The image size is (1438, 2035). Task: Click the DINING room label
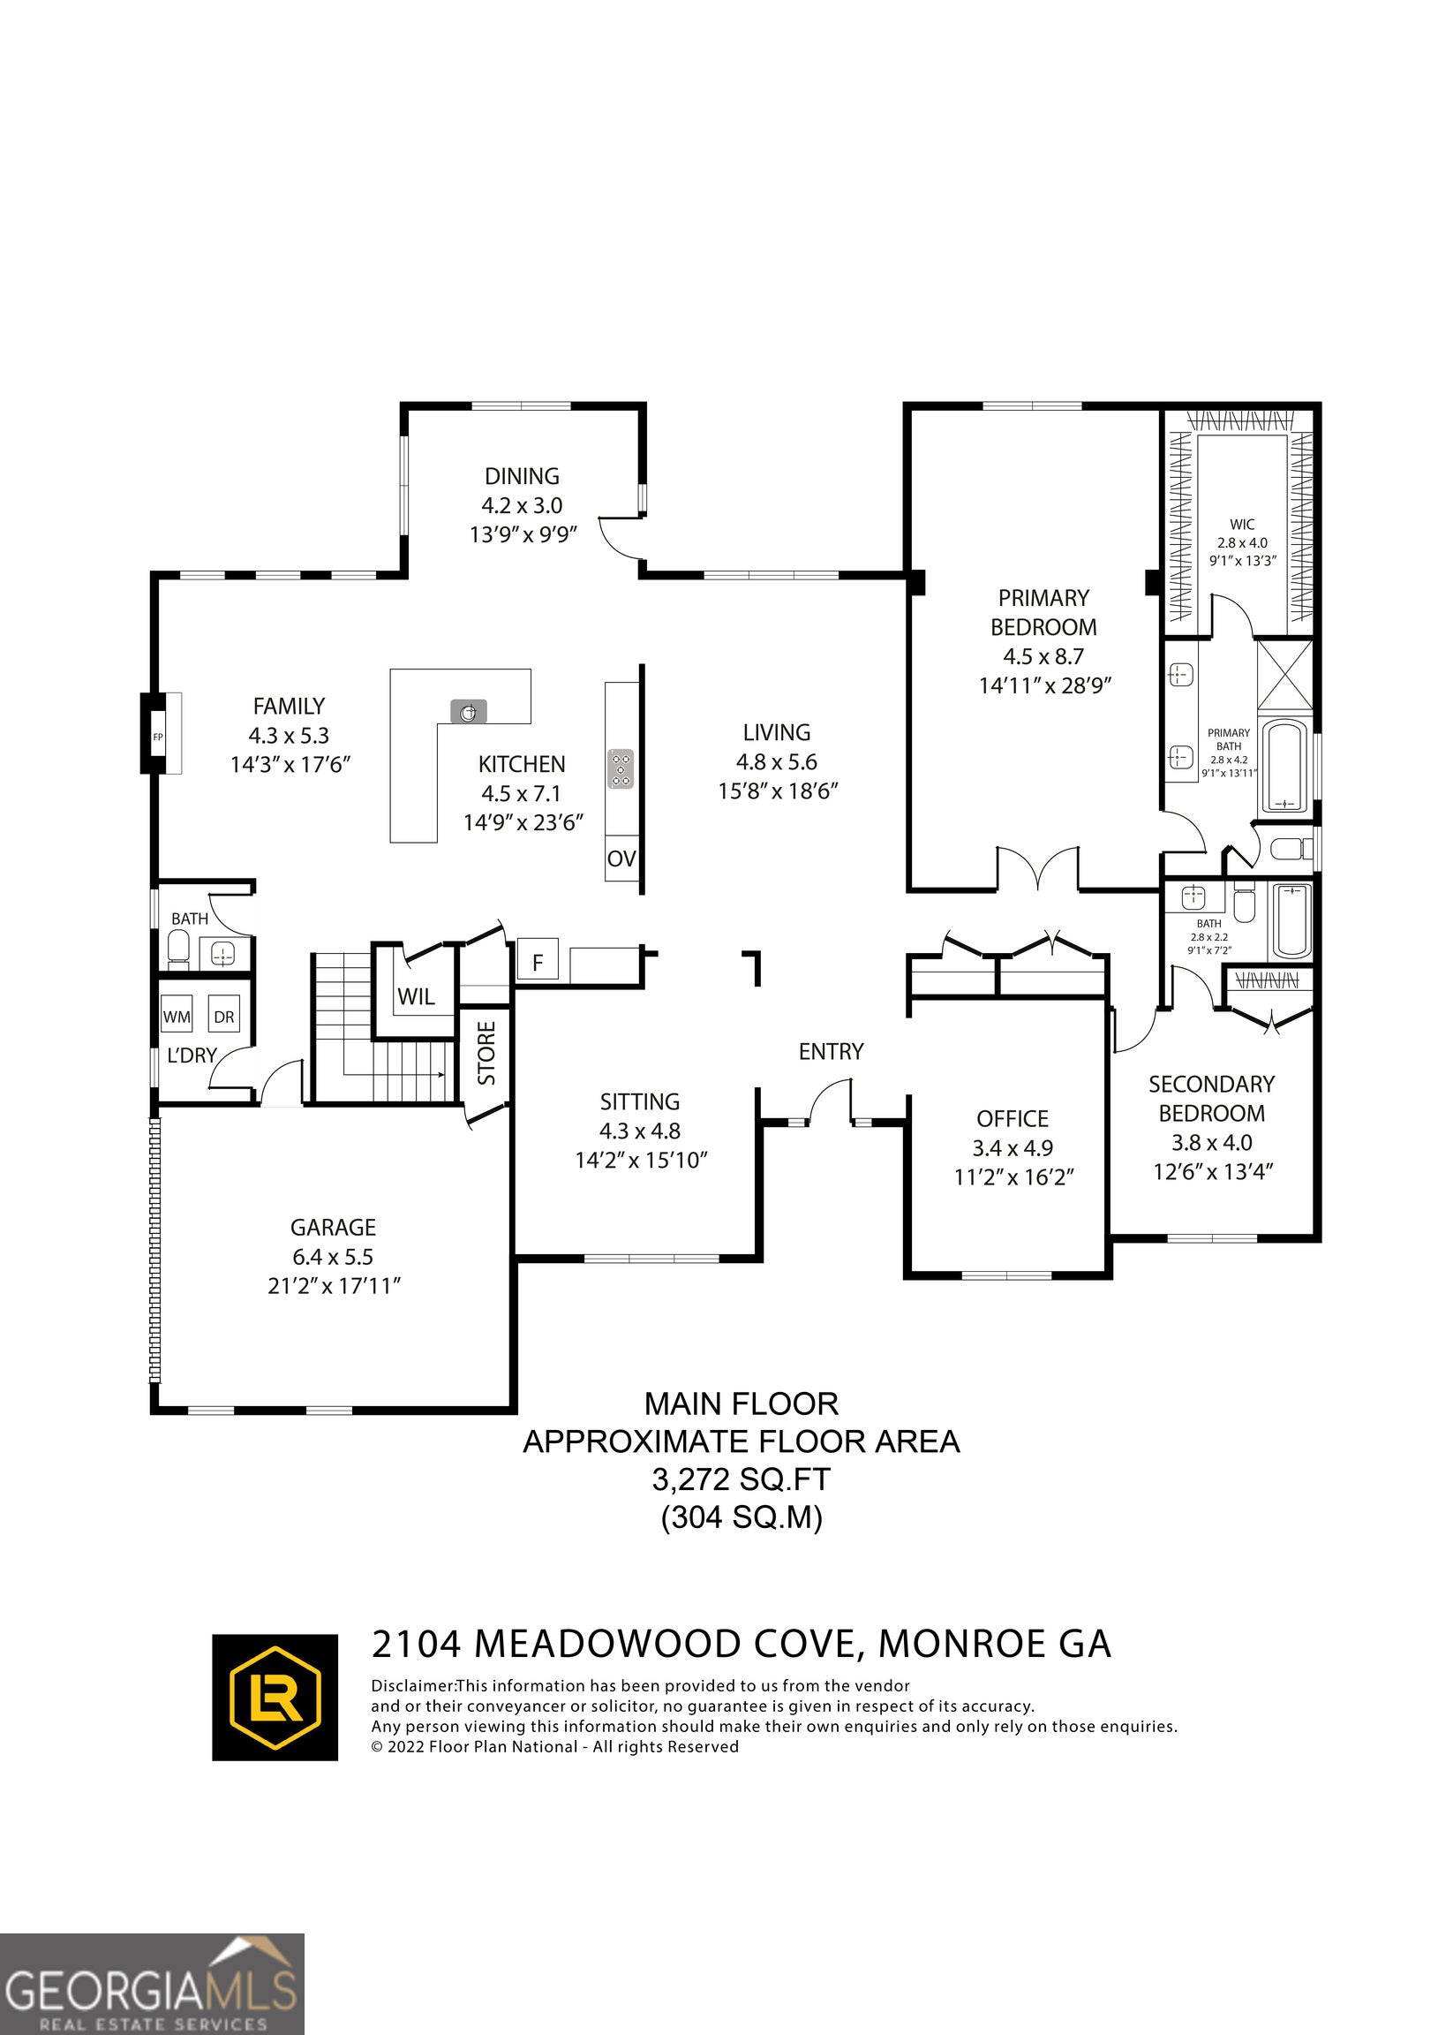(x=522, y=476)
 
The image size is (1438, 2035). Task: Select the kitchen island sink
(x=469, y=711)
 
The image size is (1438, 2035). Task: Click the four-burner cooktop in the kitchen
(x=621, y=768)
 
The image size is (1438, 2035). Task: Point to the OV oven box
(x=622, y=858)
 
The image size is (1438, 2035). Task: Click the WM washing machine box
(x=177, y=1017)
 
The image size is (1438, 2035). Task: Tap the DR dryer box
(x=223, y=1017)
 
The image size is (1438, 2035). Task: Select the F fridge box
(x=537, y=963)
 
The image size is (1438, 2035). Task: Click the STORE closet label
(x=486, y=1053)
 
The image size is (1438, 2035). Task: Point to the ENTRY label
(x=831, y=1051)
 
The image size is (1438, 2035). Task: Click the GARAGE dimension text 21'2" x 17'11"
(x=334, y=1286)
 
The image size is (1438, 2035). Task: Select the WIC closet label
(x=1242, y=525)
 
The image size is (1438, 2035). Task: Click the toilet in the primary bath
(x=1291, y=849)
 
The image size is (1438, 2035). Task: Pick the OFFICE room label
(x=1013, y=1118)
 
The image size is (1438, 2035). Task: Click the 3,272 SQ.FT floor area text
(x=742, y=1479)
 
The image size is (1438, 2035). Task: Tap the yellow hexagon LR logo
(x=275, y=1698)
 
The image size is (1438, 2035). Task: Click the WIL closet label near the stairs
(x=416, y=996)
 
